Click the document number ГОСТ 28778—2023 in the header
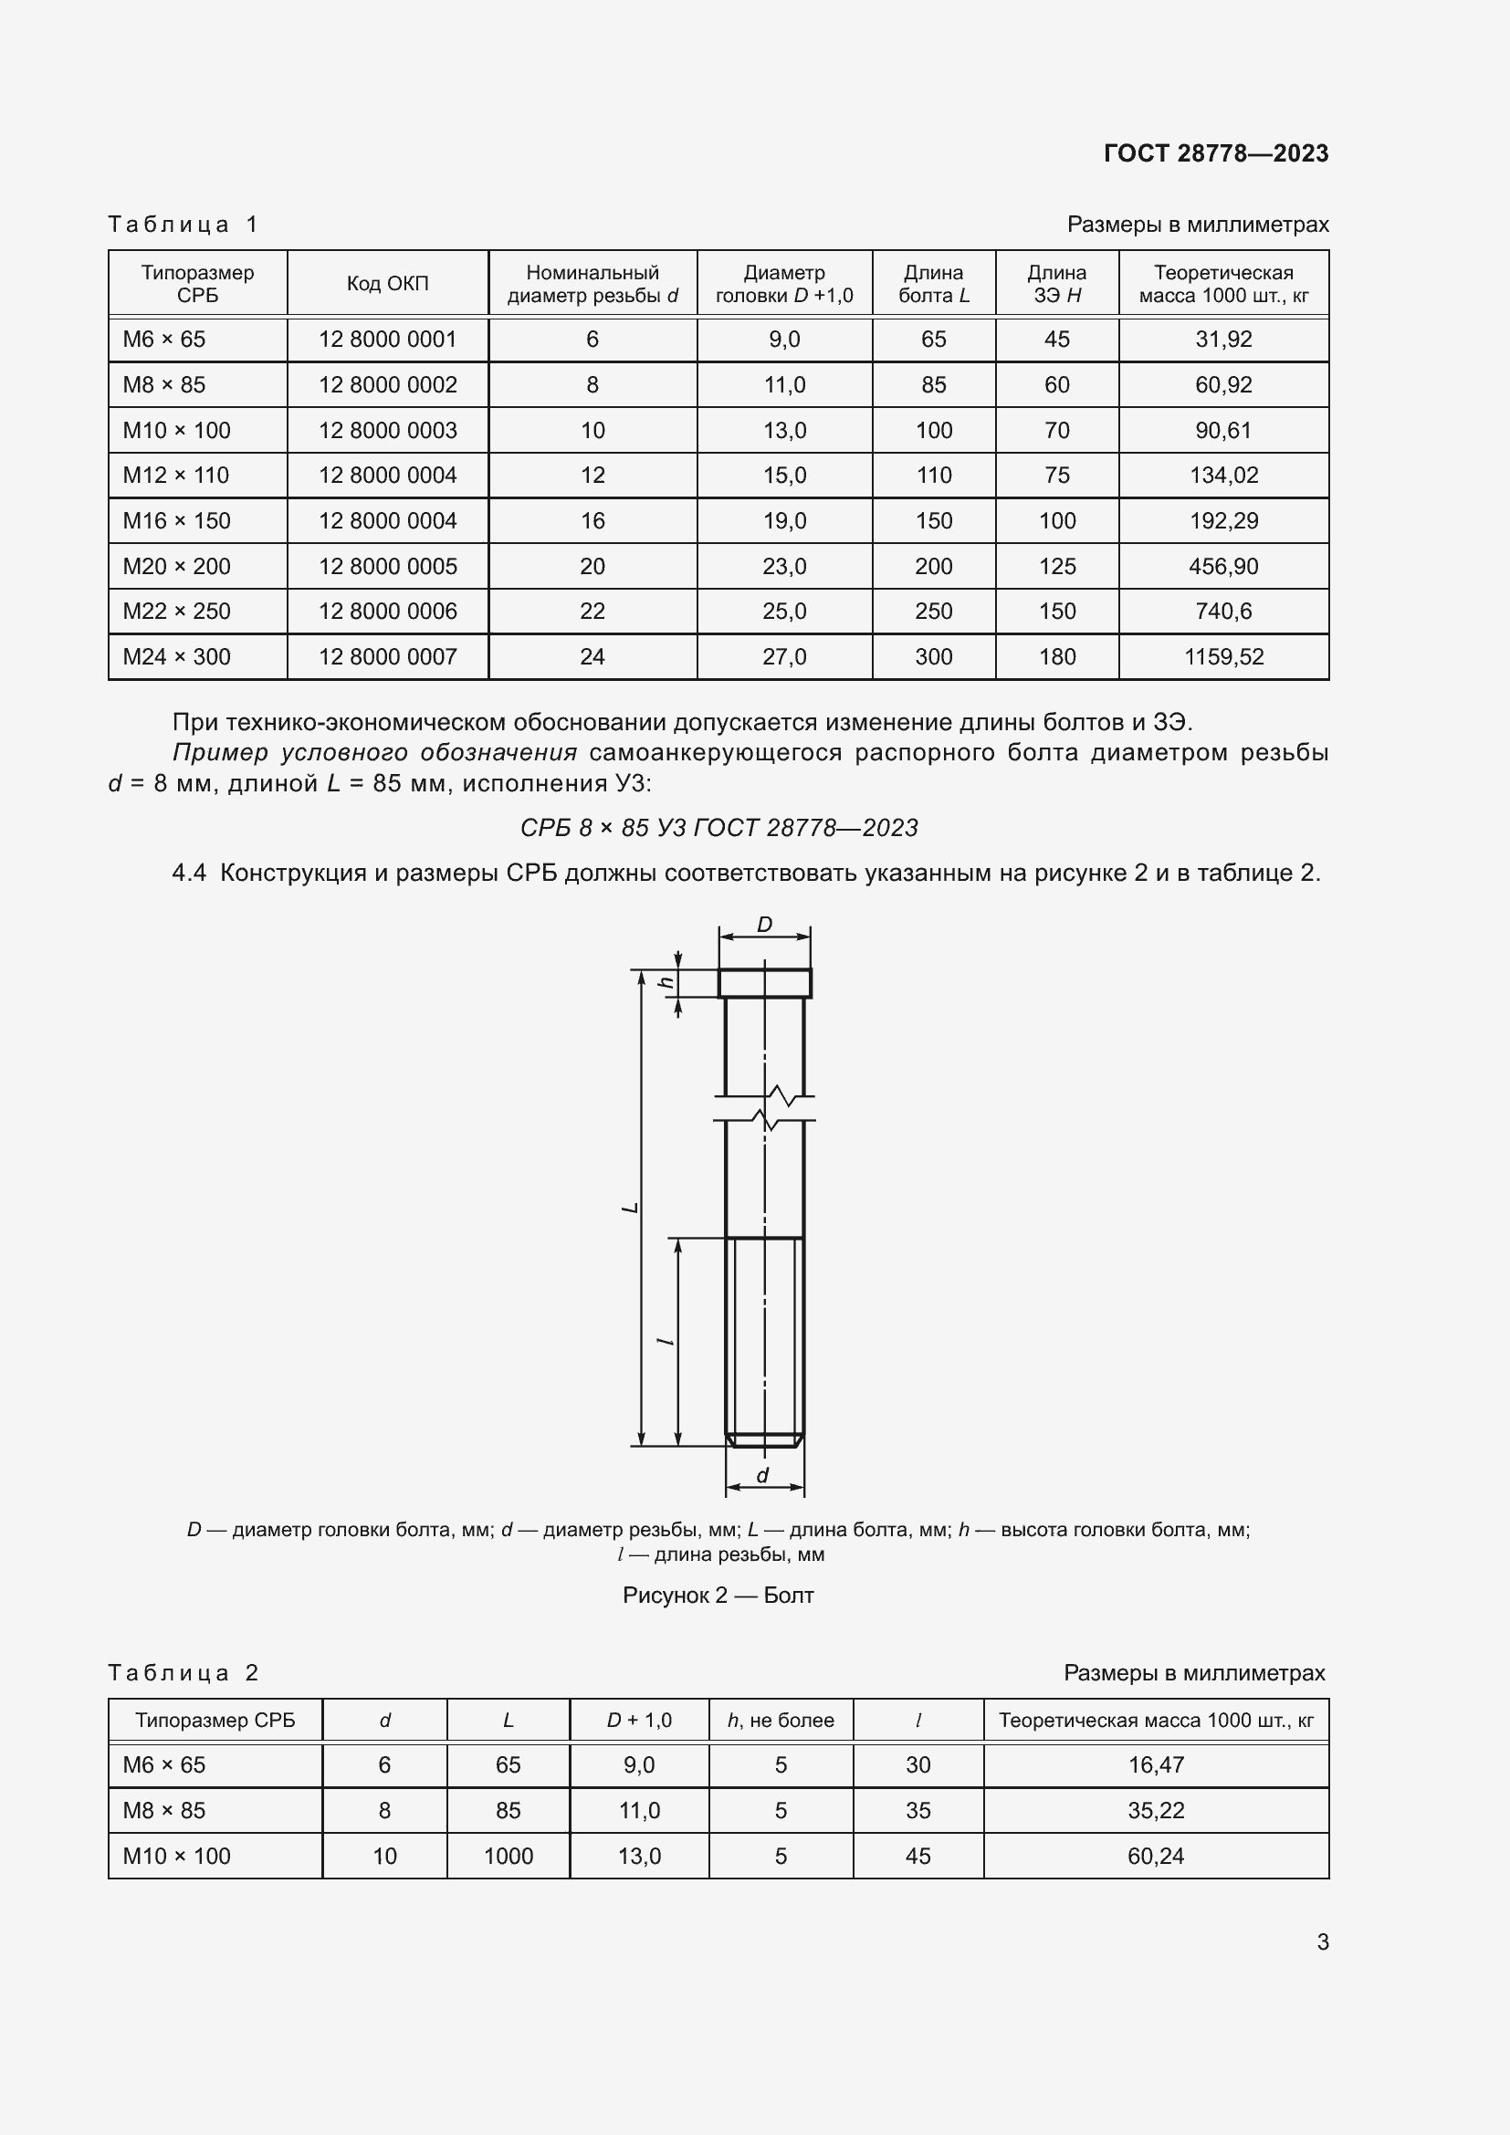pos(1215,153)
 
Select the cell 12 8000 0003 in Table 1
pos(388,431)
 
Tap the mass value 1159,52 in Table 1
pos(1223,657)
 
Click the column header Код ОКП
pos(388,284)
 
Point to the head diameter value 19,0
pos(784,520)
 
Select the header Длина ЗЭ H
pos(1056,284)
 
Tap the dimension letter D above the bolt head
pos(764,925)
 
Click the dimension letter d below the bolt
pos(762,1476)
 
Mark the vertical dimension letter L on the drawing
pos(631,1207)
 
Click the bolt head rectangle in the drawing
pos(764,983)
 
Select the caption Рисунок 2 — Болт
pos(718,1596)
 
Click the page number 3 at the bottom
pos(1322,1941)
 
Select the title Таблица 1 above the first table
pos(184,225)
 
